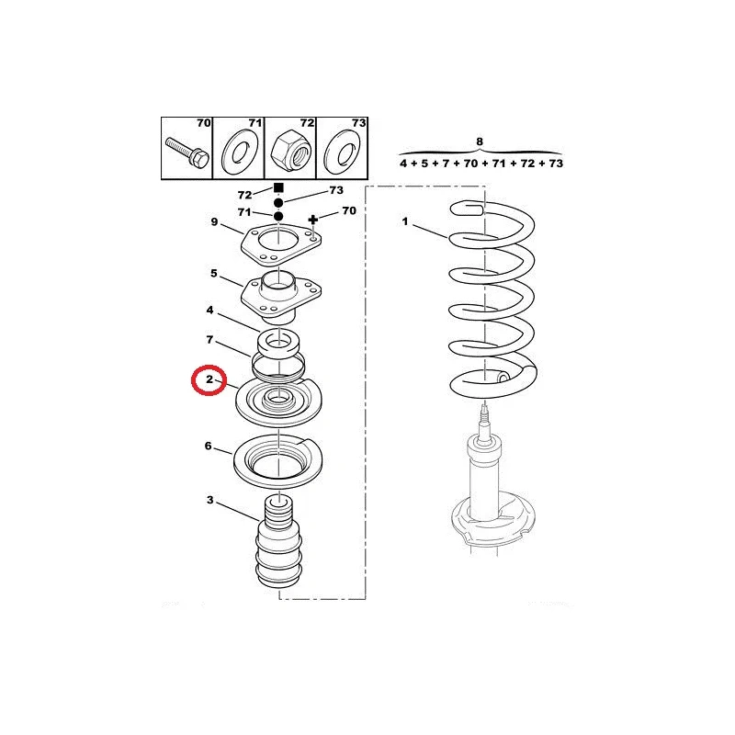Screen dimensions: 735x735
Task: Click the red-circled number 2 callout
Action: tap(209, 379)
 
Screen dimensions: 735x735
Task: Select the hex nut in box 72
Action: tap(291, 151)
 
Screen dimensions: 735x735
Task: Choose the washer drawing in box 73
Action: tap(343, 151)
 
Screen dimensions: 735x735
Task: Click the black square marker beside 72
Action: tap(278, 188)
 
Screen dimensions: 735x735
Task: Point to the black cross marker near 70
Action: tap(313, 220)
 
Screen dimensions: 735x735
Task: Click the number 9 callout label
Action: tap(214, 221)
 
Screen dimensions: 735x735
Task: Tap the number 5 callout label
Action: tap(214, 273)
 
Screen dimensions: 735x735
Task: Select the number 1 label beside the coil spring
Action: tap(405, 221)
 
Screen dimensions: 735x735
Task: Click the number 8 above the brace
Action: tap(479, 141)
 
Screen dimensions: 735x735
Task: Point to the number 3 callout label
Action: tap(210, 500)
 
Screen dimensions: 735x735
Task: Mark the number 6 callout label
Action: tap(209, 446)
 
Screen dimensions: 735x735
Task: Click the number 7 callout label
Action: tap(209, 339)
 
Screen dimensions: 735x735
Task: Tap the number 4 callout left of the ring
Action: tap(209, 310)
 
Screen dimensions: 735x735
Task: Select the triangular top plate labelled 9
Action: tap(281, 243)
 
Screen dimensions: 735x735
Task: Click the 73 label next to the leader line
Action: tap(336, 190)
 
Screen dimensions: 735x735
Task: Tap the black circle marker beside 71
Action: tap(278, 216)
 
